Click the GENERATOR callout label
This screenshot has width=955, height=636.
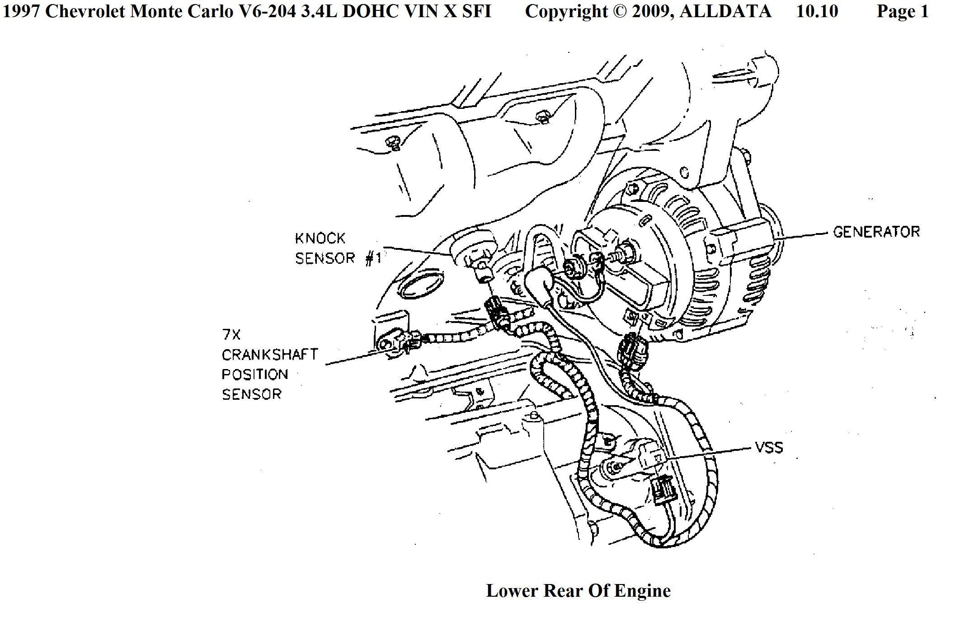[x=876, y=232]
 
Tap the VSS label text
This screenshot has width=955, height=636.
[x=769, y=448]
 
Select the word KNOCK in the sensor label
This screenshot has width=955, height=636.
[x=320, y=238]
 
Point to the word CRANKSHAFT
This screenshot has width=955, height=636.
[x=270, y=355]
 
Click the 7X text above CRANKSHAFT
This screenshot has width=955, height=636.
[x=231, y=335]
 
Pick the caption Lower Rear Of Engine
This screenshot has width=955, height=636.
[x=578, y=590]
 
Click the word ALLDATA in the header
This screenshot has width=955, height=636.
[x=725, y=11]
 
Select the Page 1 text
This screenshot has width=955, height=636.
[x=903, y=11]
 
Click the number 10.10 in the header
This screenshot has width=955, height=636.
[x=817, y=11]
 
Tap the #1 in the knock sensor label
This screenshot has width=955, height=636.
[x=373, y=258]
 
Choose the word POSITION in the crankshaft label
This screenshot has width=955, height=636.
[x=254, y=374]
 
